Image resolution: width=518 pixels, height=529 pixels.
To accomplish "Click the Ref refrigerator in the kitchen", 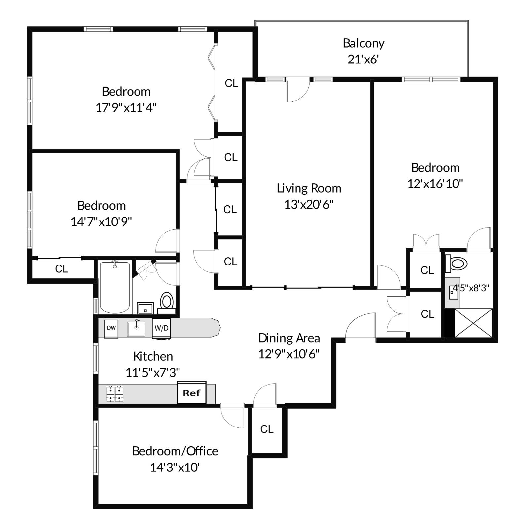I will pos(192,393).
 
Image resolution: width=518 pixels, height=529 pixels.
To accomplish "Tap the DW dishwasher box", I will pos(111,328).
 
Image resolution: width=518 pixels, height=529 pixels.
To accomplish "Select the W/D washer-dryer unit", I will pos(161,328).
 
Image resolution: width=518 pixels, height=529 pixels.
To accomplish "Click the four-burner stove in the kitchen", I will pos(115,394).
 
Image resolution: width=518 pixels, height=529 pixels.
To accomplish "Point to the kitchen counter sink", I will pos(136,328).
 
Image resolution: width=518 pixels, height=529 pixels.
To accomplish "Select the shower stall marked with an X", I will pos(473,323).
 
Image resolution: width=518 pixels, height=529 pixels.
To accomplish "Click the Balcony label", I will pos(364,43).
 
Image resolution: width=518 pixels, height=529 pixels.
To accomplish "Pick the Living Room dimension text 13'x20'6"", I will pos(309,205).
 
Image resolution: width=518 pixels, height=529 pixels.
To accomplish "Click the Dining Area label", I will pos(289,338).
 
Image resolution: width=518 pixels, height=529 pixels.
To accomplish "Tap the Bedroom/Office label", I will pos(175,451).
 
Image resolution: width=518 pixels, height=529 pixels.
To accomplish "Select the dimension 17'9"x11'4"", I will pos(126,107).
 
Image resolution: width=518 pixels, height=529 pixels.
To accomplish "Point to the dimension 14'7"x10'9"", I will pos(101,222).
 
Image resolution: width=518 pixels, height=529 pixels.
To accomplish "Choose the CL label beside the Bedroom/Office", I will pos(267,429).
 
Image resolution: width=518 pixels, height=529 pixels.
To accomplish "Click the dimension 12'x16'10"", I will pos(435,183).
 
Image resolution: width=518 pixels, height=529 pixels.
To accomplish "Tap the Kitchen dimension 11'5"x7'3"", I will pos(153,373).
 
